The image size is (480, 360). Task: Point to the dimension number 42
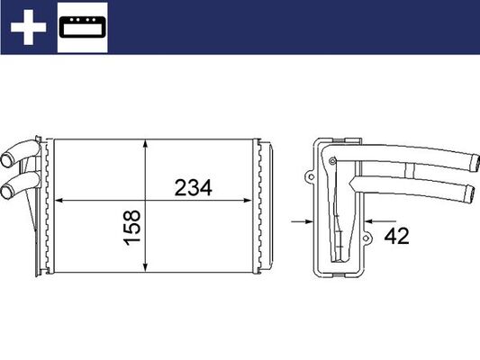point(396,237)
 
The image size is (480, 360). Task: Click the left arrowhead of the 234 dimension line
point(60,200)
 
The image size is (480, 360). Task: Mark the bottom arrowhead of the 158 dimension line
point(146,268)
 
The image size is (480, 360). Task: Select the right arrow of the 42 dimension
point(372,218)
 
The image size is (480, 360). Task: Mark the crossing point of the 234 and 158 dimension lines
point(146,200)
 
